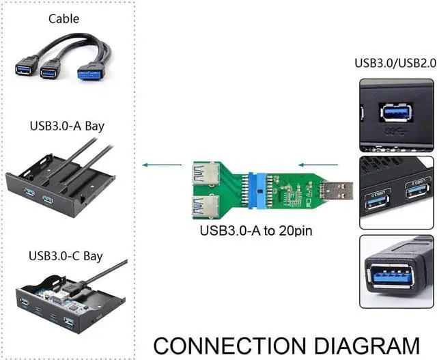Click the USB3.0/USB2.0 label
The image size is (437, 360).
[393, 63]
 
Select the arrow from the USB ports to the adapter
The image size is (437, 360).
[320, 165]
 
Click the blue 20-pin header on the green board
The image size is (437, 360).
[260, 189]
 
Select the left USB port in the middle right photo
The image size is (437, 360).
[378, 199]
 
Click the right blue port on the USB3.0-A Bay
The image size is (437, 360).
[48, 200]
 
